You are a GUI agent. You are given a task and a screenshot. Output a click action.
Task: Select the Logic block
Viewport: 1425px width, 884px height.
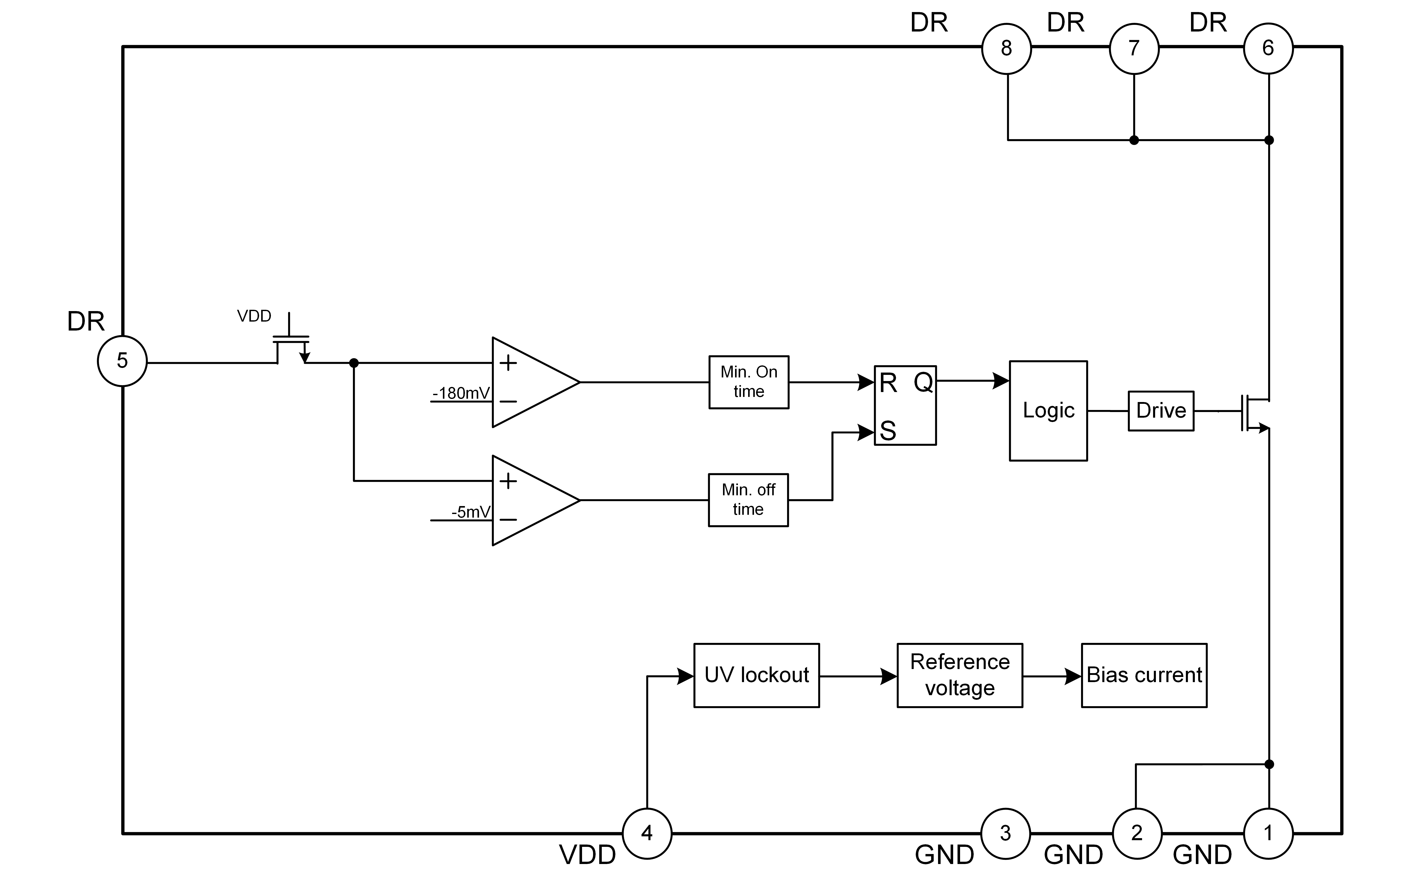[1049, 410]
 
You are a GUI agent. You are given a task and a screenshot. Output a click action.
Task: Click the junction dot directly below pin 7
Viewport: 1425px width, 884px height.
[1134, 140]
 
